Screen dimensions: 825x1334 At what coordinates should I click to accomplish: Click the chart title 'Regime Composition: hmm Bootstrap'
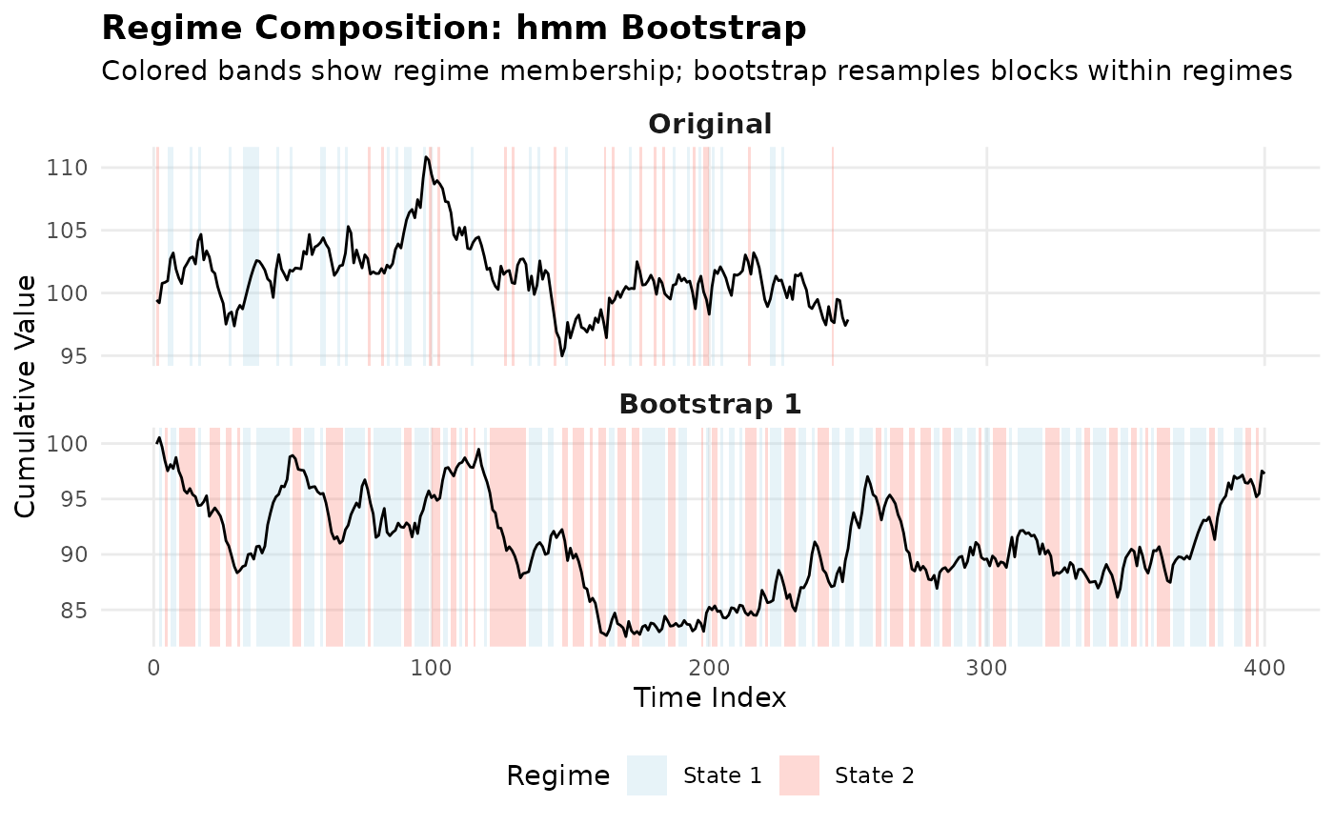point(454,29)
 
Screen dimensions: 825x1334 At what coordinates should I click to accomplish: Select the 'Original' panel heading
point(710,125)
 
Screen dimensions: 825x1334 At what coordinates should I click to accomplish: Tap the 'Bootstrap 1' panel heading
point(710,404)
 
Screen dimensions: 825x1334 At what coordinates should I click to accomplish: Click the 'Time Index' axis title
point(710,698)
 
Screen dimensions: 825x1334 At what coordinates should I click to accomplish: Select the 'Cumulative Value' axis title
point(27,396)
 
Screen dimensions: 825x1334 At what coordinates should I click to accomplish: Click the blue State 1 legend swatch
point(646,775)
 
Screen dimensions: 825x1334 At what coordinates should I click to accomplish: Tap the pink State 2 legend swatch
point(798,775)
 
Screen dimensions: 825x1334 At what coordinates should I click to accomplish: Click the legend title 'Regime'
point(558,776)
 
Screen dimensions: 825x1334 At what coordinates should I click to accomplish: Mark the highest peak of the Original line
point(426,156)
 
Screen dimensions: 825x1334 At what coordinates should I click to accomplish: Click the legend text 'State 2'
point(875,776)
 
